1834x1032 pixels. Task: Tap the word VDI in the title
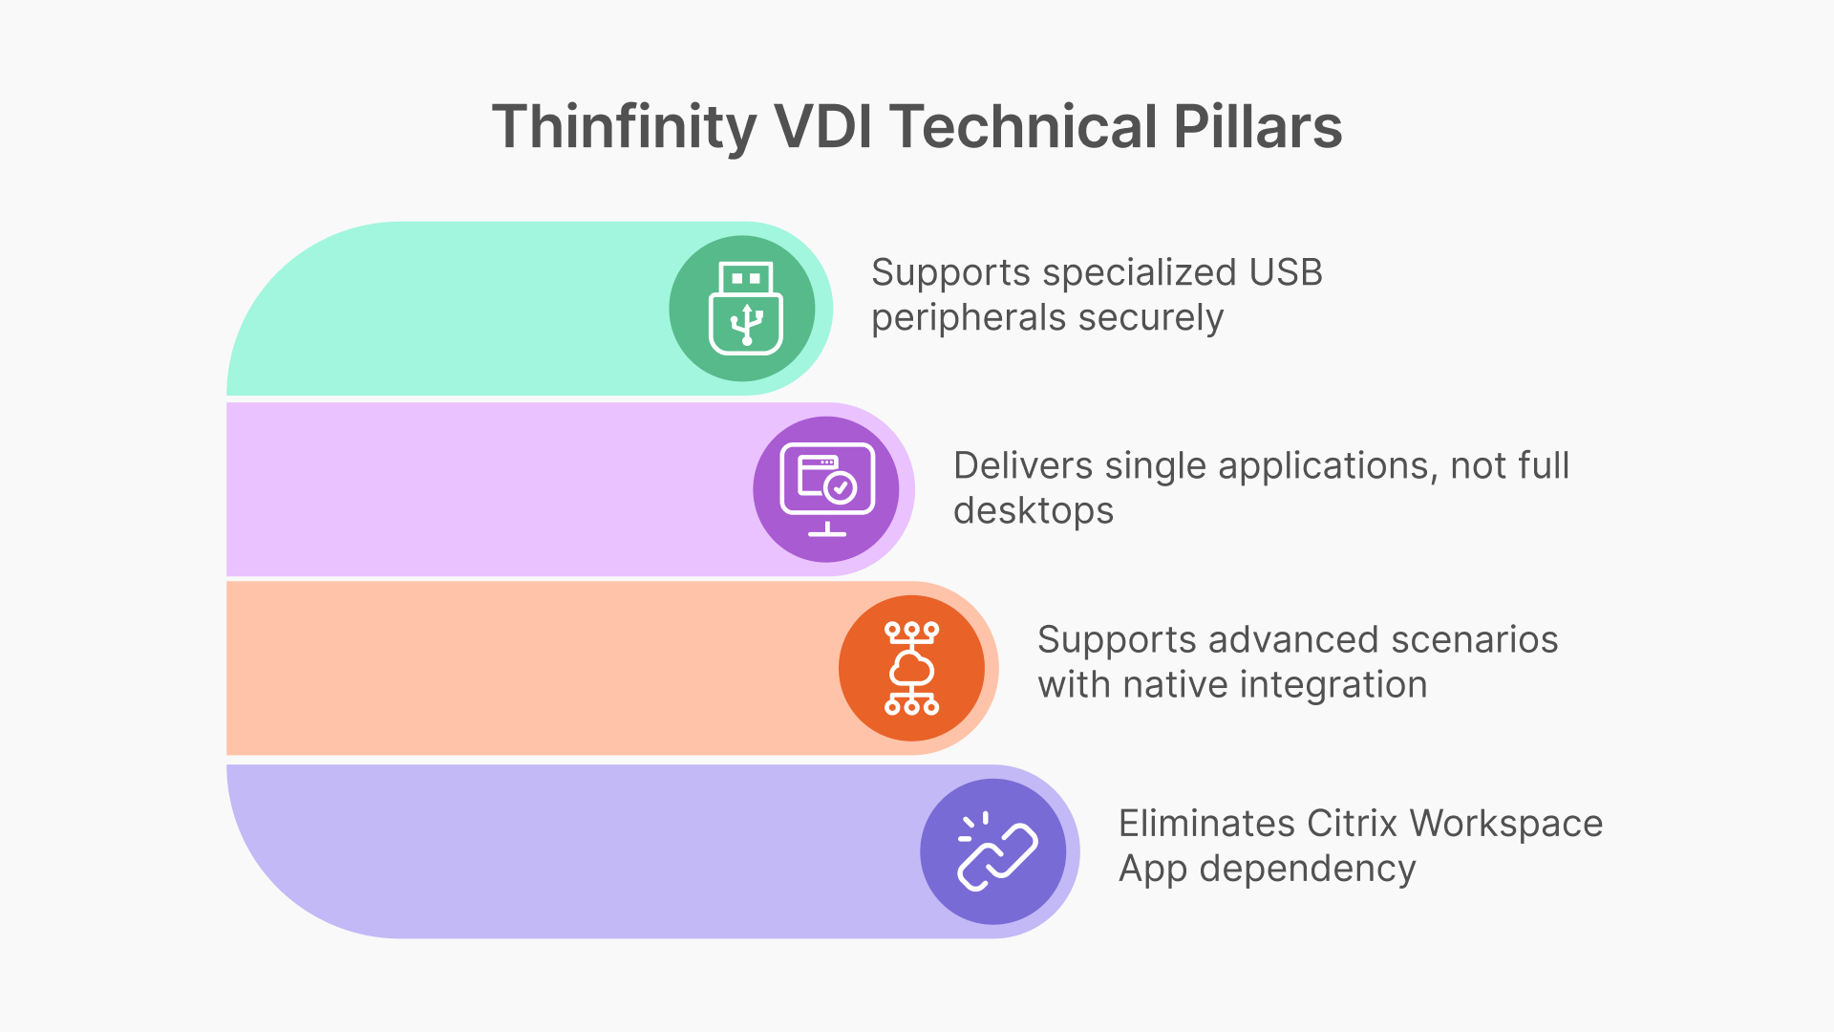click(x=822, y=127)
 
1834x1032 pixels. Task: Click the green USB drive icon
click(x=745, y=309)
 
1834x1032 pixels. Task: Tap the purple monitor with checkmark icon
click(x=827, y=489)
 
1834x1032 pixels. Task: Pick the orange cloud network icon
click(x=912, y=668)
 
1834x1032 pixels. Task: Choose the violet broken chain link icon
click(x=994, y=851)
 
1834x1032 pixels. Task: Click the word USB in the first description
click(x=1286, y=273)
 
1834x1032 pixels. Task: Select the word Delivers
click(x=1023, y=466)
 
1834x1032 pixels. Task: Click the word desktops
click(x=1034, y=511)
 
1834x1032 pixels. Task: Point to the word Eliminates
click(x=1206, y=824)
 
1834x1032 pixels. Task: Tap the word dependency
click(x=1307, y=870)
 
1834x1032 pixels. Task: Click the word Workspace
click(x=1505, y=824)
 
